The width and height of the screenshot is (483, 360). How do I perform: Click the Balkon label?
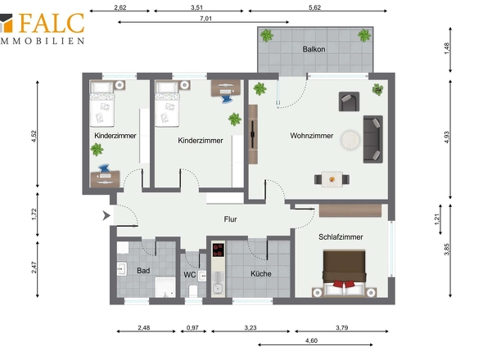pos(314,49)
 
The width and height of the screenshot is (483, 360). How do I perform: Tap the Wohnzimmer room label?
pos(311,136)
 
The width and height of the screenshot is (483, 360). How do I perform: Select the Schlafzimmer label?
pos(341,236)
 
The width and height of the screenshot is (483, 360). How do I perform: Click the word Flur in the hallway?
pos(230,219)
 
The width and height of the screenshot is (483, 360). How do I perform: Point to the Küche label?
pos(260,274)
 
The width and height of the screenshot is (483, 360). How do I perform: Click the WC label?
pos(189,275)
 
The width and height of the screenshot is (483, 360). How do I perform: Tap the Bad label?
pos(143,271)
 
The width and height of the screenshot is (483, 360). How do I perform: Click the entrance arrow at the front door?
pos(106,215)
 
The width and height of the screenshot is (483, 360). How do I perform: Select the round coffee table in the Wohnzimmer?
pos(350,140)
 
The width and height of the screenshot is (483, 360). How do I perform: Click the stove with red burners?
pos(219,250)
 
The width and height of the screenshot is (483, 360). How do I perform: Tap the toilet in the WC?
pos(193,290)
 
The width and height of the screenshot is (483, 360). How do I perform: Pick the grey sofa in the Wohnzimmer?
pos(373,139)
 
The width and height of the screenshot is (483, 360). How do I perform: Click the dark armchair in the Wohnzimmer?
pos(349,101)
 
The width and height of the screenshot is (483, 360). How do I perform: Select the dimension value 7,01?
pos(205,19)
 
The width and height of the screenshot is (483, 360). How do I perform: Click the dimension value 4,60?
pos(311,340)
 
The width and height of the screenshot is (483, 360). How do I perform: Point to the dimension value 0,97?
pos(192,327)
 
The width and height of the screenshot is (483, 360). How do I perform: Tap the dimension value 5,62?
pos(314,7)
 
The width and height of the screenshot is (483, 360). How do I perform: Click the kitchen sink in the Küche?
pos(218,288)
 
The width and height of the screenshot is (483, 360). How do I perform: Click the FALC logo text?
pos(52,23)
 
